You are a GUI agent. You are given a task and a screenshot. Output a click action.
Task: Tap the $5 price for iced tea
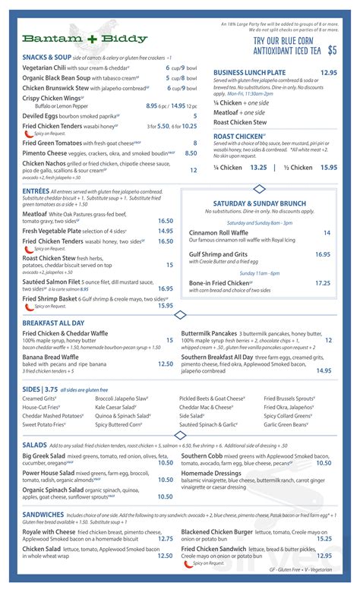pos(332,51)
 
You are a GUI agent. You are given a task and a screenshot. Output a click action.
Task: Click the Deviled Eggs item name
pos(43,115)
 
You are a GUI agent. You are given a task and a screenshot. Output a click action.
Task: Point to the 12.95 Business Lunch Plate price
pos(328,73)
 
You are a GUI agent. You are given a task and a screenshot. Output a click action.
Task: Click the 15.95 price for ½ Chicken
pos(328,168)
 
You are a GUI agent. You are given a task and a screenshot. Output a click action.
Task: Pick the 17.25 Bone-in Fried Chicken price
pos(322,282)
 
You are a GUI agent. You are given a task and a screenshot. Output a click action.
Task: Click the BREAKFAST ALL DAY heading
pos(58,323)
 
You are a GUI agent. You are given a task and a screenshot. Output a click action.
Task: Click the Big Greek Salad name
pos(46,455)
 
